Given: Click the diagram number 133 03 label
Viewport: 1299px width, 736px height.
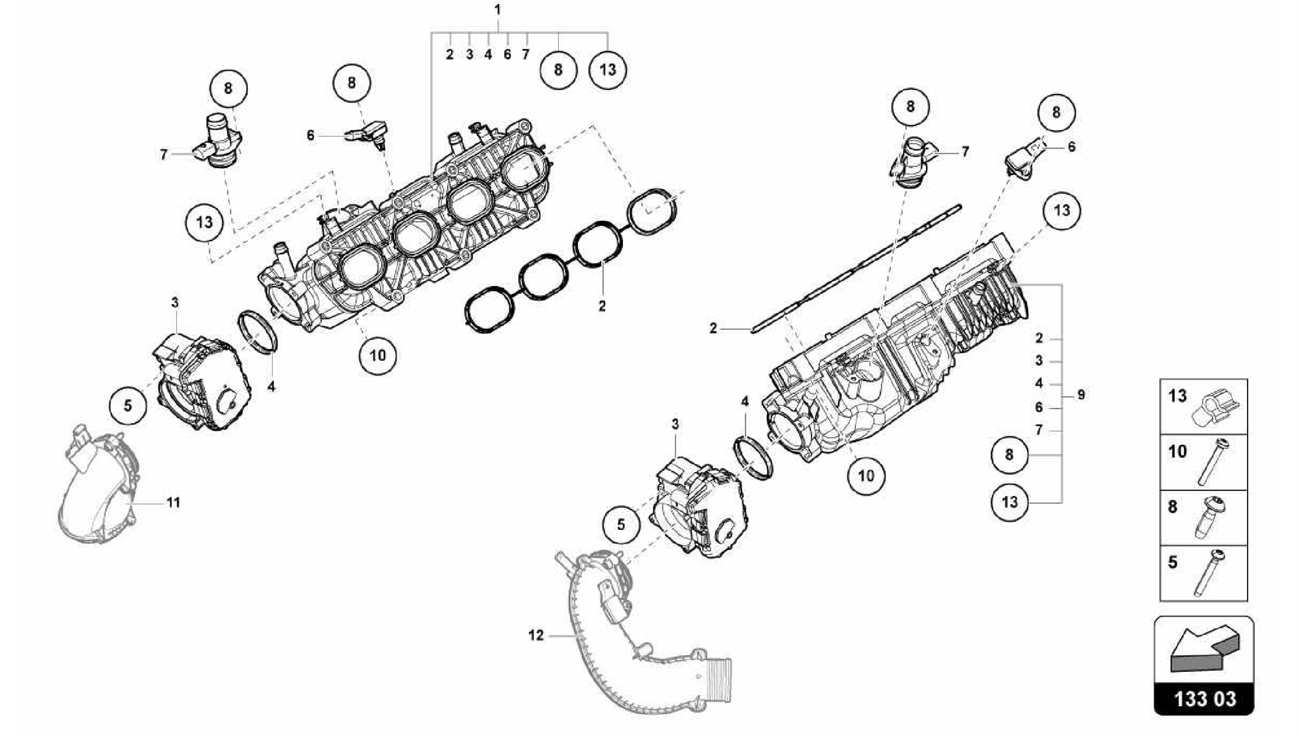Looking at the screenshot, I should [1203, 699].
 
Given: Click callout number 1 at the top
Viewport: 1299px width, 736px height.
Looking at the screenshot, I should [498, 10].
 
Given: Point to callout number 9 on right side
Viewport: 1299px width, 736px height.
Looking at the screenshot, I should [1081, 395].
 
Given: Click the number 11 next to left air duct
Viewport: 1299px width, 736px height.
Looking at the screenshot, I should [173, 503].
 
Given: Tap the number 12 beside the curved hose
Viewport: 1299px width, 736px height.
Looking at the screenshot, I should [536, 635].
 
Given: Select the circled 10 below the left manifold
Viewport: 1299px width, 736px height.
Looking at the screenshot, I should [377, 355].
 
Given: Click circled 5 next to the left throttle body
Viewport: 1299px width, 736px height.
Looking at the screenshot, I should [127, 405].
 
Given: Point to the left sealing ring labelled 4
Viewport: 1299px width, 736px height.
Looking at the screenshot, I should [258, 331].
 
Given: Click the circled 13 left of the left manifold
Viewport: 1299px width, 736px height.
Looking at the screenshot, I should [204, 223].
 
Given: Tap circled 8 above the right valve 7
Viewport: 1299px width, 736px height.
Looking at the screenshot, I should [910, 107].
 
